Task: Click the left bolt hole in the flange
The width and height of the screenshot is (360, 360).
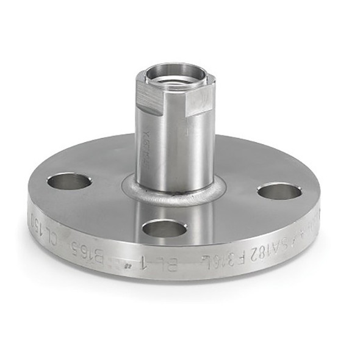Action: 69,181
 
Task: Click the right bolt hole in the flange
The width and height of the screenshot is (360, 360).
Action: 279,192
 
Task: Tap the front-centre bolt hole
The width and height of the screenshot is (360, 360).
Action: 164,229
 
